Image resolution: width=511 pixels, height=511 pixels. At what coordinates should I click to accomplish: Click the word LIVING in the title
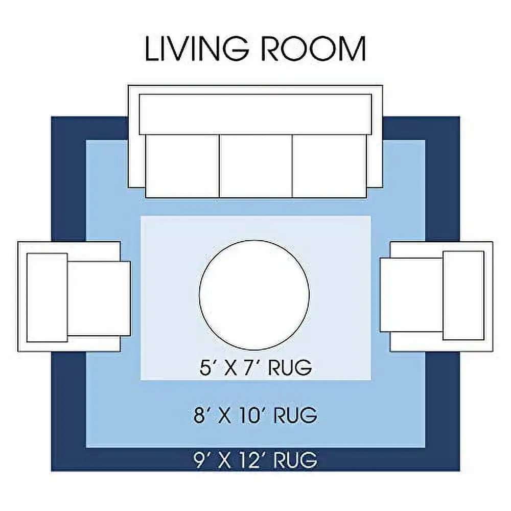[197, 49]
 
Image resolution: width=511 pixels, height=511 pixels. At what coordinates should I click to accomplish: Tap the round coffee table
[254, 295]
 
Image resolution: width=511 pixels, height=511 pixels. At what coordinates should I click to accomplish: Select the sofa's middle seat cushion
[256, 166]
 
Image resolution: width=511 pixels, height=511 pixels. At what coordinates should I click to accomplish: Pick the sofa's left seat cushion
[182, 166]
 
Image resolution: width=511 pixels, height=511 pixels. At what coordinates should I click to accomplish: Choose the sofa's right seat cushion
[330, 166]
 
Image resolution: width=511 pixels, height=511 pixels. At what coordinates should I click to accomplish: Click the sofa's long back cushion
[255, 114]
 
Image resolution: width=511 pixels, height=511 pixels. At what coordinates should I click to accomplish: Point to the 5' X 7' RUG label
[255, 367]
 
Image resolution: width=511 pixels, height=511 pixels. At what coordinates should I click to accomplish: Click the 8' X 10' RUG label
[255, 415]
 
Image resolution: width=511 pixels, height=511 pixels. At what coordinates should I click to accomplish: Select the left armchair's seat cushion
[99, 298]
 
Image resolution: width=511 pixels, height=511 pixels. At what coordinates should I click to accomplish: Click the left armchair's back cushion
[47, 297]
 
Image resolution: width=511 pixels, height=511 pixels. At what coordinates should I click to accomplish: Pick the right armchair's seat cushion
[412, 295]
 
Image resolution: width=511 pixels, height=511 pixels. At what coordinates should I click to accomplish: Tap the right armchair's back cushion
[463, 295]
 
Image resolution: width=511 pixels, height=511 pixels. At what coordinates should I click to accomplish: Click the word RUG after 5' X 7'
[290, 367]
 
